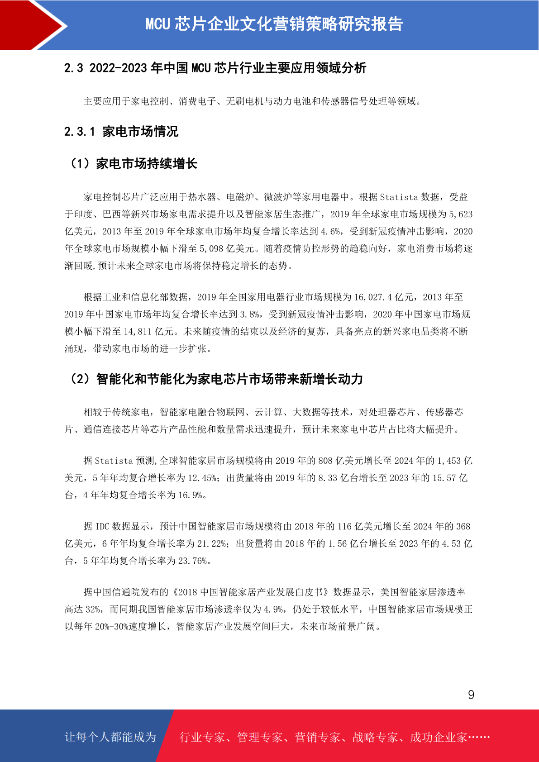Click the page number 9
tap(471, 695)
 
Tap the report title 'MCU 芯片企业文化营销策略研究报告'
tap(274, 24)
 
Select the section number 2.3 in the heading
tap(74, 68)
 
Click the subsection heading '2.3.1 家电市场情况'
tap(121, 132)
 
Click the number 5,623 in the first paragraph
tap(461, 214)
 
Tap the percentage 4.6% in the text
tap(331, 232)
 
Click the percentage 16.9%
tap(191, 495)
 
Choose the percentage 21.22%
tap(211, 544)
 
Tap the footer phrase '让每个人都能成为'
tap(110, 737)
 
